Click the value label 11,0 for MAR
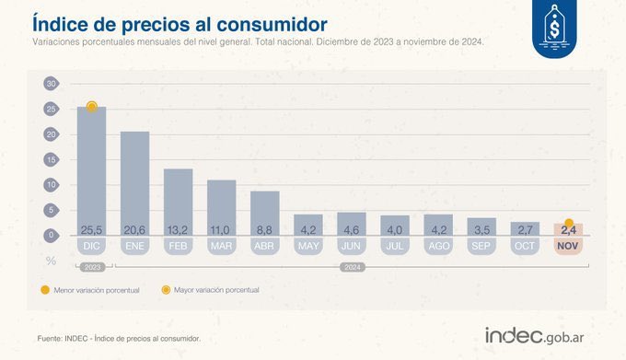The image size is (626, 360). pyautogui.click(x=221, y=229)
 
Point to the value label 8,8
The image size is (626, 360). pyautogui.click(x=265, y=229)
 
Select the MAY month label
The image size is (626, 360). pyautogui.click(x=308, y=247)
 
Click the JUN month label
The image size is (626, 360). pyautogui.click(x=352, y=247)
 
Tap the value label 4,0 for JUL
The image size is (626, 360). pyautogui.click(x=395, y=229)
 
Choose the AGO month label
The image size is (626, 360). pyautogui.click(x=438, y=247)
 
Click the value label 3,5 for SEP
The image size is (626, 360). pyautogui.click(x=481, y=229)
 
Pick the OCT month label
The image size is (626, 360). pyautogui.click(x=525, y=247)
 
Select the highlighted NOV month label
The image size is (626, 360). pyautogui.click(x=568, y=247)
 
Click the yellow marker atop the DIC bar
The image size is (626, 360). pyautogui.click(x=91, y=107)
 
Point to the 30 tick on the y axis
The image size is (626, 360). pyautogui.click(x=51, y=84)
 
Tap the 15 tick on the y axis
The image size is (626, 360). pyautogui.click(x=51, y=159)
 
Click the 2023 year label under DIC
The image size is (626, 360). pyautogui.click(x=91, y=267)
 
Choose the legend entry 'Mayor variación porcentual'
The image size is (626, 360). pyautogui.click(x=216, y=290)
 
